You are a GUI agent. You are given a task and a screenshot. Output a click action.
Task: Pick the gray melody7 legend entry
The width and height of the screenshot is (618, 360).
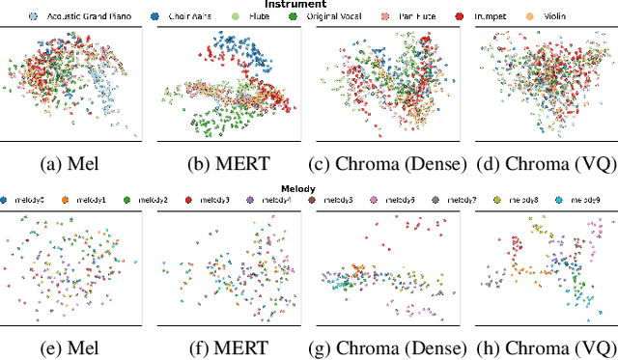[x=459, y=200]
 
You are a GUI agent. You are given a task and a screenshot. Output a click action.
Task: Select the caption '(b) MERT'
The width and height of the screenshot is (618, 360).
[x=226, y=161]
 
